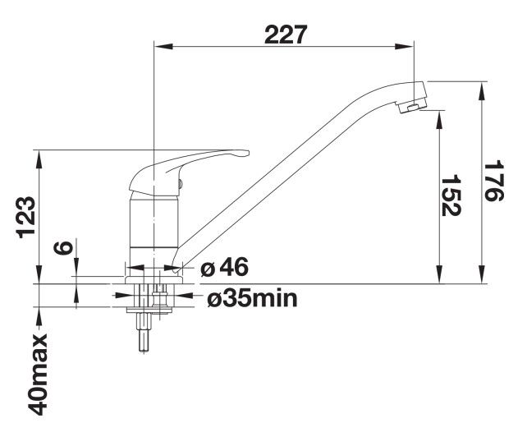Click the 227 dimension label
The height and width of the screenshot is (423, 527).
coord(286,34)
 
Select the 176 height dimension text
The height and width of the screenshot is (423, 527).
coord(493,181)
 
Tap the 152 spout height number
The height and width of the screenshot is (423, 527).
coord(451,195)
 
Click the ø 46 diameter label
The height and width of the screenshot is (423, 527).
coord(224,267)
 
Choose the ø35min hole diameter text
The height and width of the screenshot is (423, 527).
coord(252,299)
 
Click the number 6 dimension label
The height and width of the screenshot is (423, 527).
coord(63,247)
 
